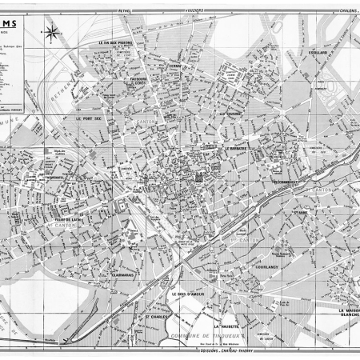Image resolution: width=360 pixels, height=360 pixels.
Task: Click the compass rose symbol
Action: click(51, 33)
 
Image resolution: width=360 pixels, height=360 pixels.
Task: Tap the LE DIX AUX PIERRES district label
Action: click(114, 43)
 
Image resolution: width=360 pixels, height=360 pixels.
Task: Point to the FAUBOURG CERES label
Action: click(145, 82)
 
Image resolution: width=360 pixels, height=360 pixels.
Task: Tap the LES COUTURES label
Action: click(231, 114)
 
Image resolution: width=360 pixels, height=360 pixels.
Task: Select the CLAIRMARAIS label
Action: click(122, 252)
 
